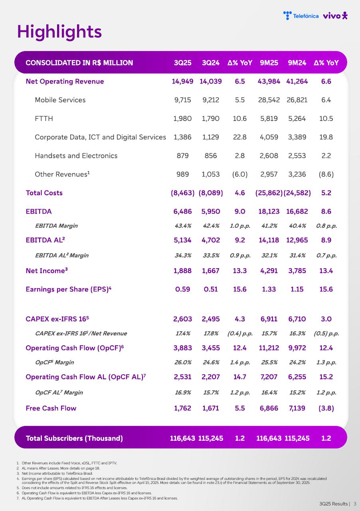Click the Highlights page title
point(59,32)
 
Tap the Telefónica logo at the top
point(301,16)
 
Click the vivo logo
point(335,16)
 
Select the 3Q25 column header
point(183,63)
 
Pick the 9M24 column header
point(297,63)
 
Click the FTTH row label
point(44,119)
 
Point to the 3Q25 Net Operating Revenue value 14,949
point(183,81)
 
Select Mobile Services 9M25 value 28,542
point(269,100)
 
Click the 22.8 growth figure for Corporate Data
point(239,137)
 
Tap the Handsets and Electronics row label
point(76,156)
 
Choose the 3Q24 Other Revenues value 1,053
point(211,174)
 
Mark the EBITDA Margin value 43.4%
point(183,226)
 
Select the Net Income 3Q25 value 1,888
point(183,271)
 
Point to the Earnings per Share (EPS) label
point(68,289)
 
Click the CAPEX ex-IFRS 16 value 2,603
point(183,319)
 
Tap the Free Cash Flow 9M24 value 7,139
point(297,408)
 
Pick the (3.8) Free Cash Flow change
point(326,408)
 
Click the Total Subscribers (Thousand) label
point(74,438)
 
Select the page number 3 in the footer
point(355,504)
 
